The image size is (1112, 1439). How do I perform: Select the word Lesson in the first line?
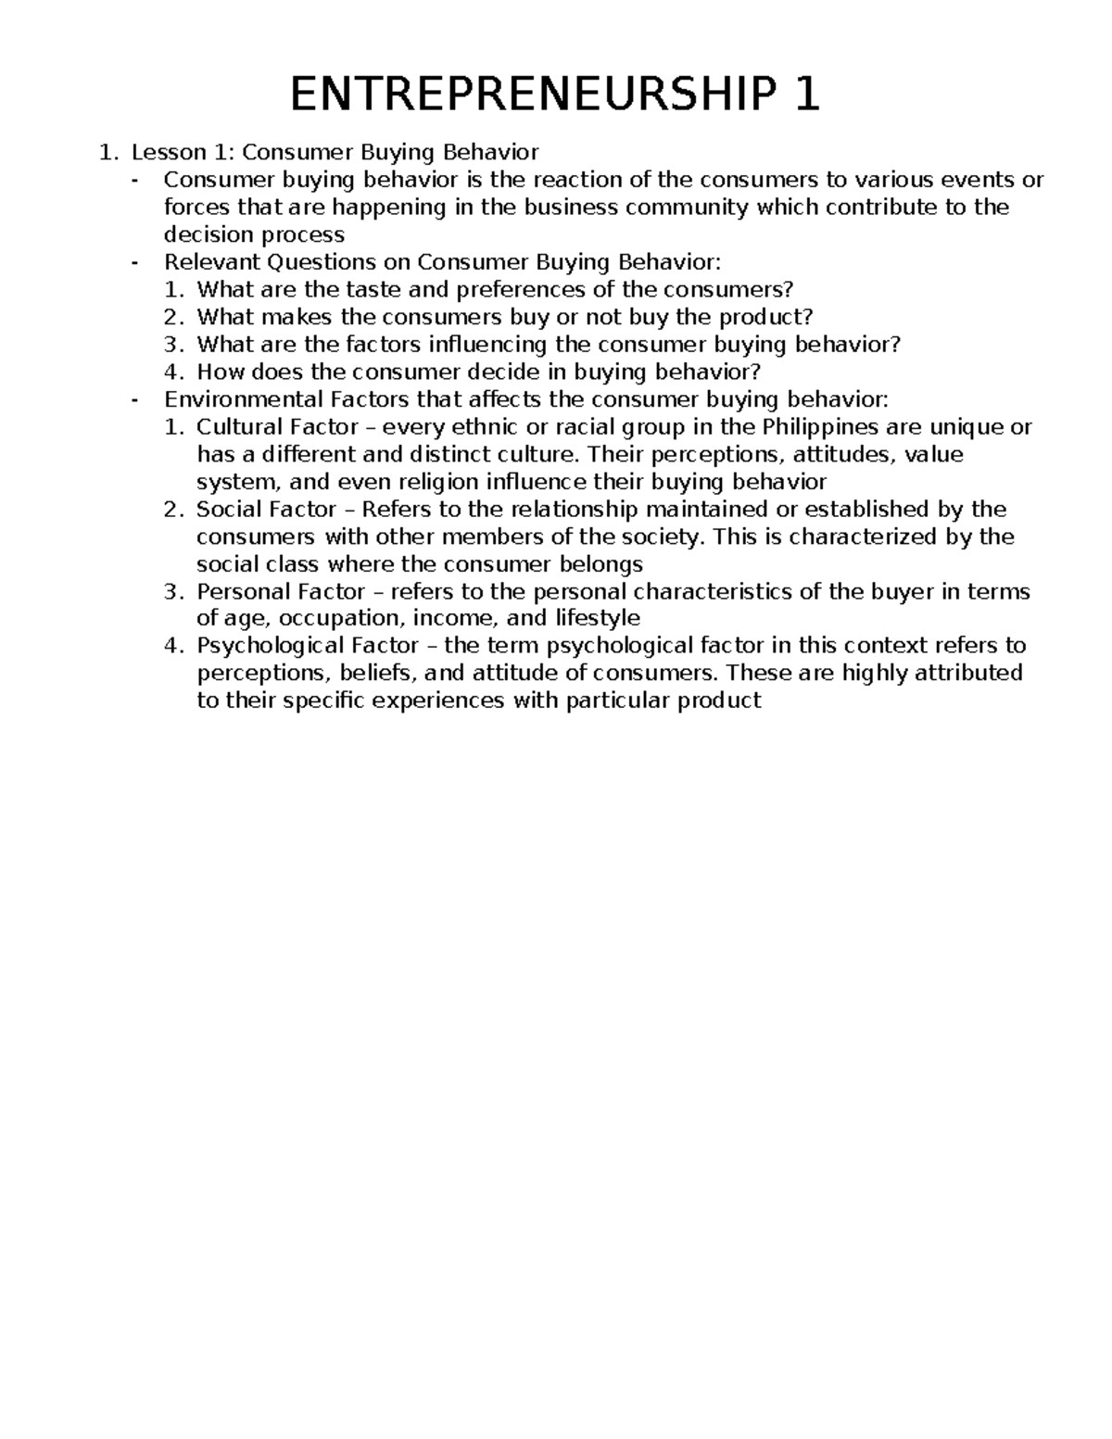[x=164, y=152]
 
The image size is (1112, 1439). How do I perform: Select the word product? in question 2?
[x=764, y=317]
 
